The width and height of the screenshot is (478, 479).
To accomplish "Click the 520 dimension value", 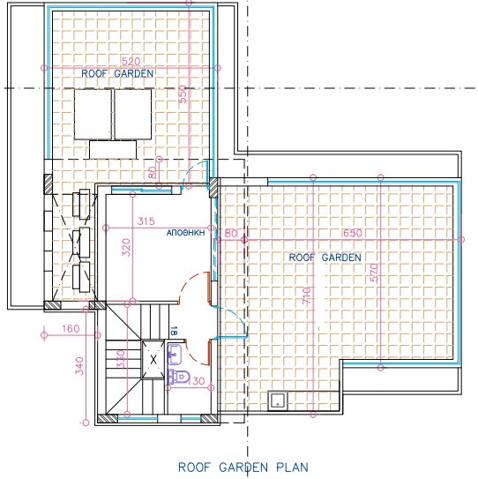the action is point(131,62).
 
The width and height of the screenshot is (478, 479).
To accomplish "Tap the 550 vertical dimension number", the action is point(182,94).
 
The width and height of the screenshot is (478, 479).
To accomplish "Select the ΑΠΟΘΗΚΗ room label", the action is point(186,233).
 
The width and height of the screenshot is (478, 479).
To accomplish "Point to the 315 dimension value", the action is point(146,221).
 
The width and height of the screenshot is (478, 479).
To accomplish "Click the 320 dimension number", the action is point(126,247).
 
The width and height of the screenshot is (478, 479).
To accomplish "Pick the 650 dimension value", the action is point(353,233).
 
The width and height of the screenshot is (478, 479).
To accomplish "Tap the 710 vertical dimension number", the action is point(307,296).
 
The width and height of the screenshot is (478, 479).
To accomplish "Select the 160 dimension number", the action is point(71,329).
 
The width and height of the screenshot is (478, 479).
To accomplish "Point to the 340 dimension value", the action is point(79,366).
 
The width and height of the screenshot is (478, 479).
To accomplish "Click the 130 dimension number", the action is point(197,381).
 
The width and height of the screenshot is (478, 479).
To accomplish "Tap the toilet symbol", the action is point(179,377).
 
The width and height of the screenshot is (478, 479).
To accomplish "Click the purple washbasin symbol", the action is point(175,355).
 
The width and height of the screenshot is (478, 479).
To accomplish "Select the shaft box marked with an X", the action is point(153,359).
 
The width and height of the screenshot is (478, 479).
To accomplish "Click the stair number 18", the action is point(174,331).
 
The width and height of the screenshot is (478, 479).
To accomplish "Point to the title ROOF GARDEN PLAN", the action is point(243,467).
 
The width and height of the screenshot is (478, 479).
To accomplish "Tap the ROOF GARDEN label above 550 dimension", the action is point(117,73).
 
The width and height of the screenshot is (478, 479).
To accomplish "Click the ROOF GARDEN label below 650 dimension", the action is point(325,258).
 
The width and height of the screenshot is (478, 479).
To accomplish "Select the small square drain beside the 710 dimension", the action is point(278,401).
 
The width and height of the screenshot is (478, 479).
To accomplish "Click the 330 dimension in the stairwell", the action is point(121,359).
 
